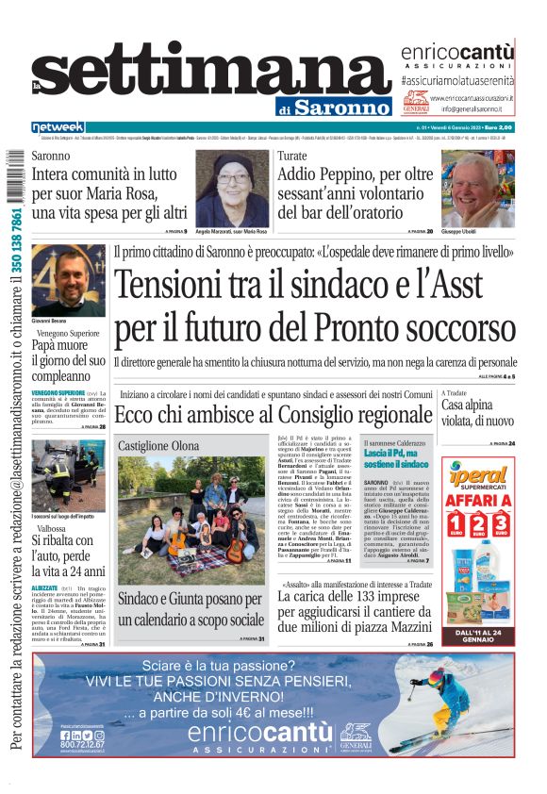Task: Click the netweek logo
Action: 58,127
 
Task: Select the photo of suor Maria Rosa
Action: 231,188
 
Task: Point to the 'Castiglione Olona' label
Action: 158,445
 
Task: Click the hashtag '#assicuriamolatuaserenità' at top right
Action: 456,81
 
